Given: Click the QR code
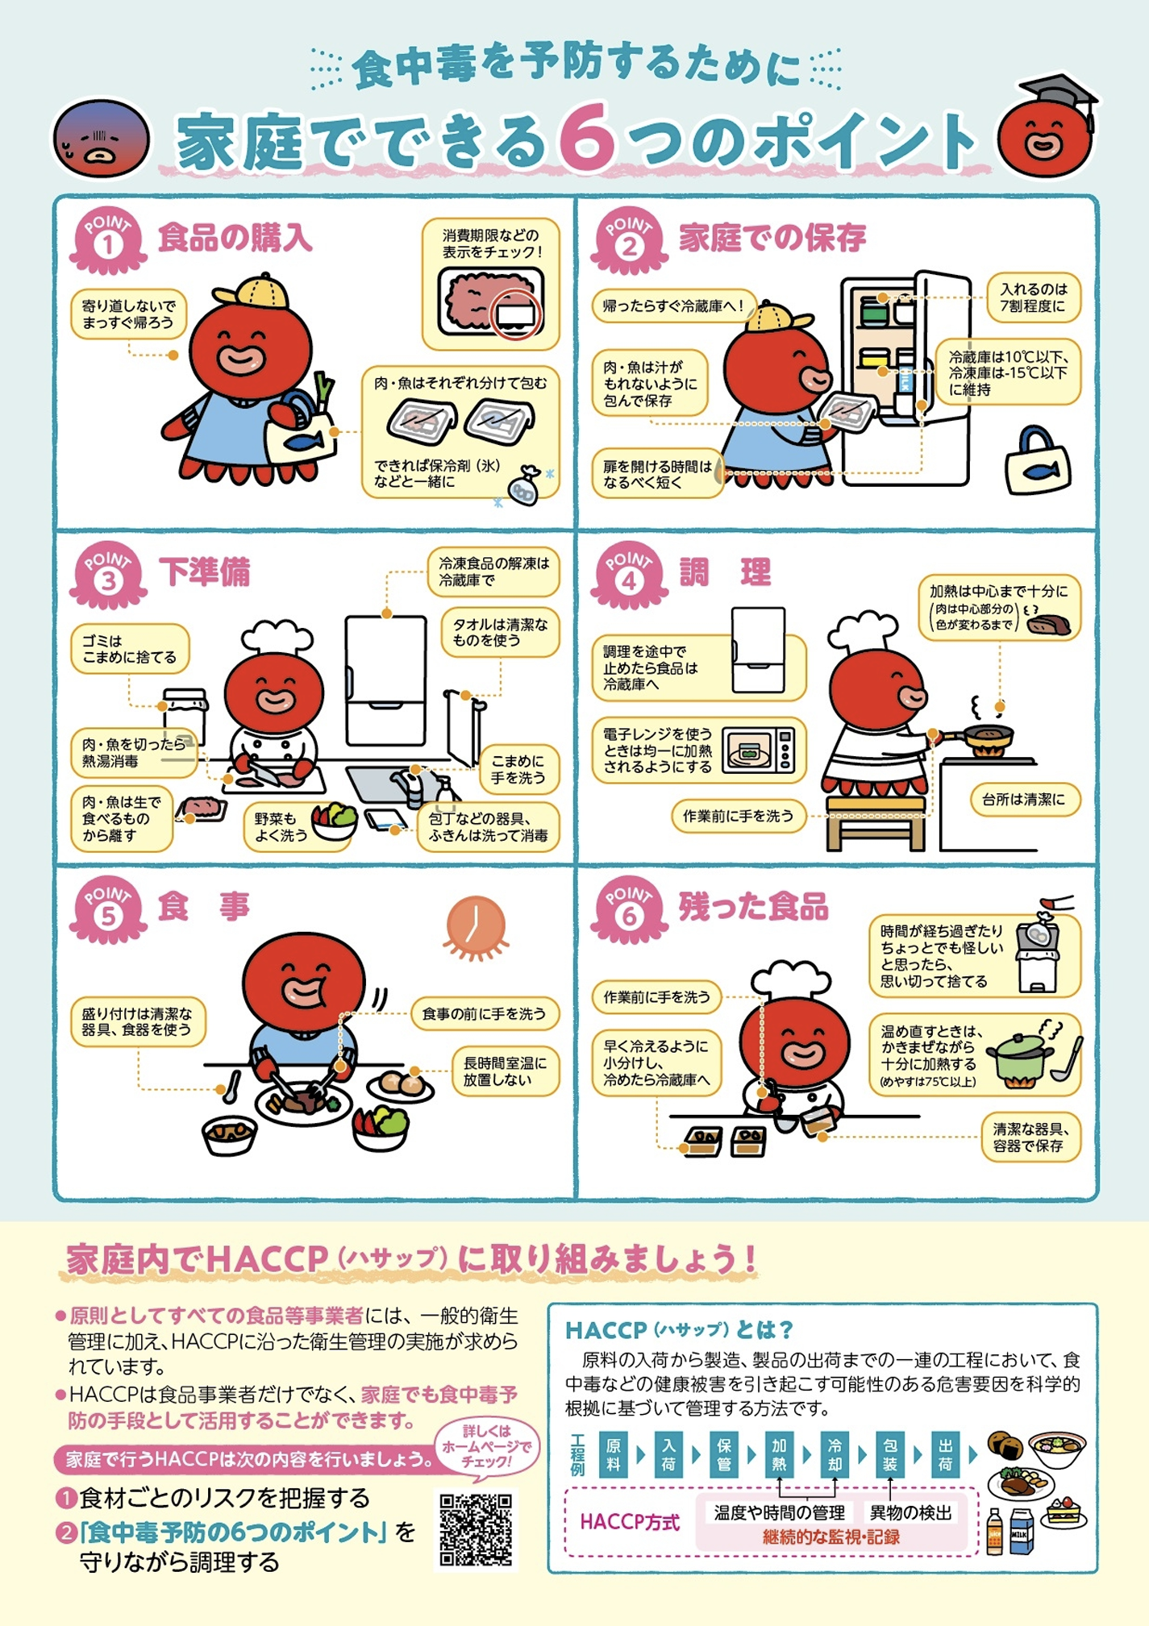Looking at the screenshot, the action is (476, 1529).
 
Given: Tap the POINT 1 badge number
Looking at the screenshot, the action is (107, 245).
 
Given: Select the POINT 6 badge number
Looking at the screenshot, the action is (629, 916).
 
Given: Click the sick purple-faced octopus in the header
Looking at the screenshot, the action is (102, 138).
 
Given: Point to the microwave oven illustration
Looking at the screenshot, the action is (759, 750).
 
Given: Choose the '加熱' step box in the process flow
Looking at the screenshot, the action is (779, 1454).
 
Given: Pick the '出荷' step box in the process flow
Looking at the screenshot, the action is (946, 1454).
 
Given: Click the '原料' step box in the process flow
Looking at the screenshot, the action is (613, 1454).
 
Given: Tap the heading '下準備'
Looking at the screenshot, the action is (205, 572).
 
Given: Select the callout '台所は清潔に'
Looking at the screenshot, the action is (1023, 799).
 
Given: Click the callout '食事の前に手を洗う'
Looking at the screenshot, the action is (485, 1013).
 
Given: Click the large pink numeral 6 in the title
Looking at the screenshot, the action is (586, 139).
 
